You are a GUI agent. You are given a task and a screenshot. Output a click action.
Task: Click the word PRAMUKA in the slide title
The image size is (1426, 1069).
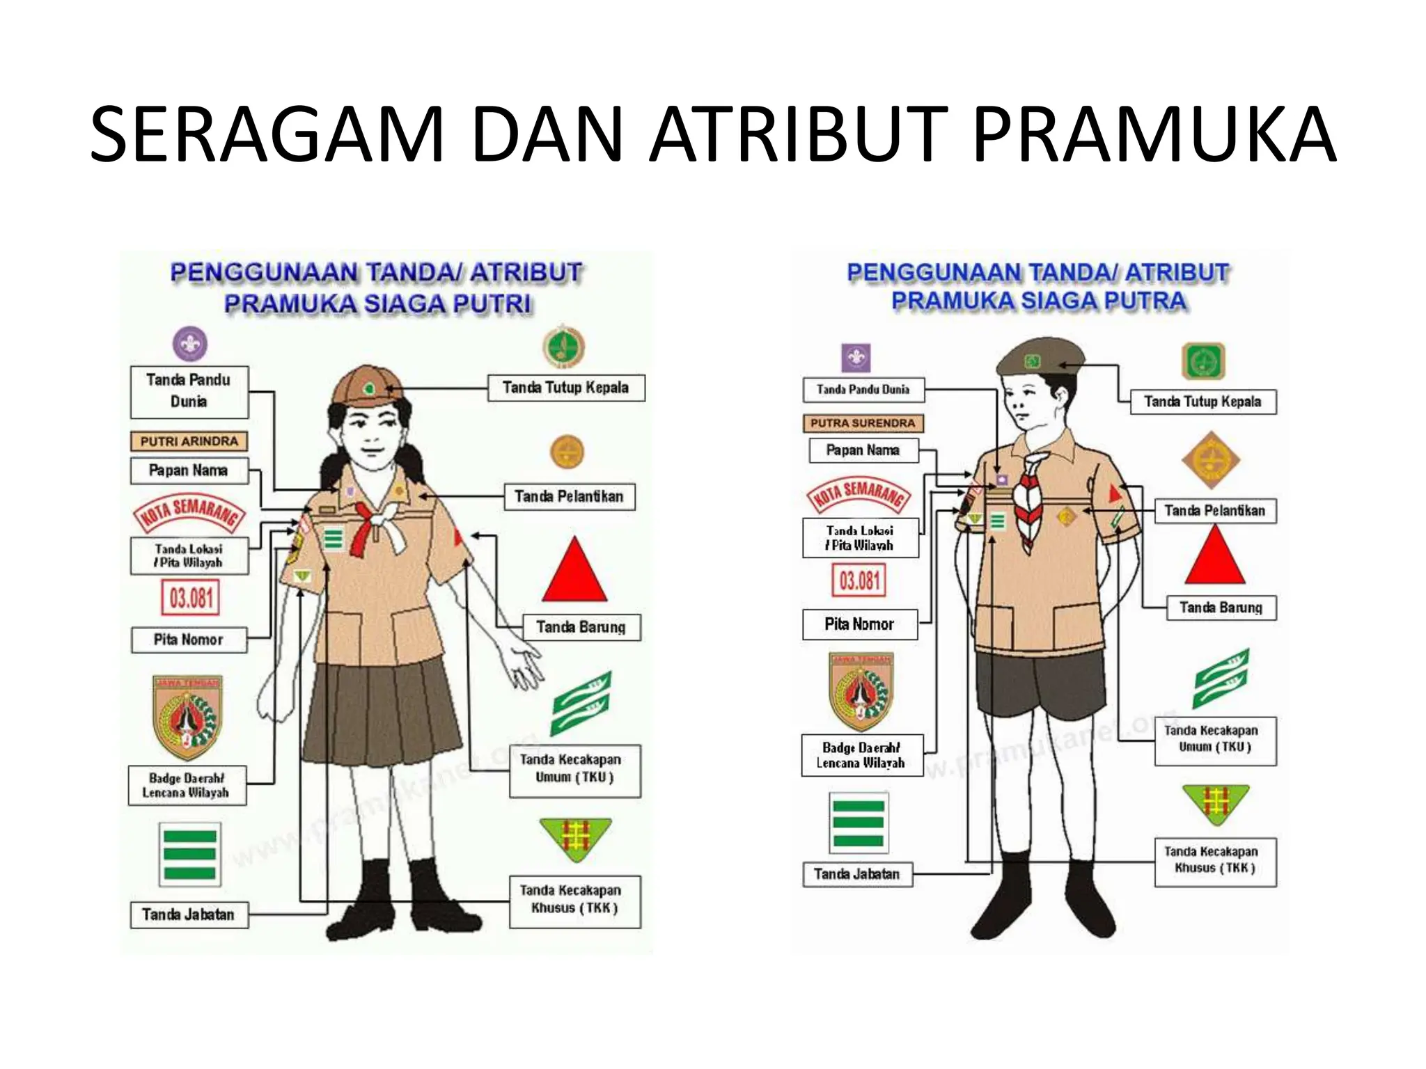click(1153, 134)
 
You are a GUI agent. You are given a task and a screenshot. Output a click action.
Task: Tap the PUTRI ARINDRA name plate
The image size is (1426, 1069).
click(189, 441)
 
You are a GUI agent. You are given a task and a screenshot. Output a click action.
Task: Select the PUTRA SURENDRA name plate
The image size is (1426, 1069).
click(863, 423)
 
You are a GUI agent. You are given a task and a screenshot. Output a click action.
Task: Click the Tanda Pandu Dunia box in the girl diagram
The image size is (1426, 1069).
click(189, 391)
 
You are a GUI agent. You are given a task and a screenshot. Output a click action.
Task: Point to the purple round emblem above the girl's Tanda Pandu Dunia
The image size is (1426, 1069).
click(189, 344)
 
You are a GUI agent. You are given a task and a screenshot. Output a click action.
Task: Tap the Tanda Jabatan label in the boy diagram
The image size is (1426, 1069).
click(857, 874)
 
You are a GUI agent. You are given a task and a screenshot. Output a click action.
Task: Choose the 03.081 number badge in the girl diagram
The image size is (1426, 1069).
click(191, 598)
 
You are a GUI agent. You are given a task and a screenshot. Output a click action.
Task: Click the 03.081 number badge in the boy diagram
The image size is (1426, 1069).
click(859, 580)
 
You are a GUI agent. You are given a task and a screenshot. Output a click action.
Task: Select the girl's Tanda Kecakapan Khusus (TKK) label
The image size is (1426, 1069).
click(574, 900)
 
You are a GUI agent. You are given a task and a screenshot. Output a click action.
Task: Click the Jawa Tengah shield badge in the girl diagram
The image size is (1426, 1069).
click(187, 716)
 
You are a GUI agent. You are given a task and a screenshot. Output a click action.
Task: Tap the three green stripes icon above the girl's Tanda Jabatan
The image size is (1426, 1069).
click(189, 854)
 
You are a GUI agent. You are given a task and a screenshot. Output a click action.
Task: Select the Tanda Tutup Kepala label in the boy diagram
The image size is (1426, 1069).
click(1202, 402)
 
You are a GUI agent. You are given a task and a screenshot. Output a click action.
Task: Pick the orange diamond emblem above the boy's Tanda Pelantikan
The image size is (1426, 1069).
click(1210, 460)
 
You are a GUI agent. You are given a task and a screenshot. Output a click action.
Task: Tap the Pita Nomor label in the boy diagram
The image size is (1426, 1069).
click(859, 624)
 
